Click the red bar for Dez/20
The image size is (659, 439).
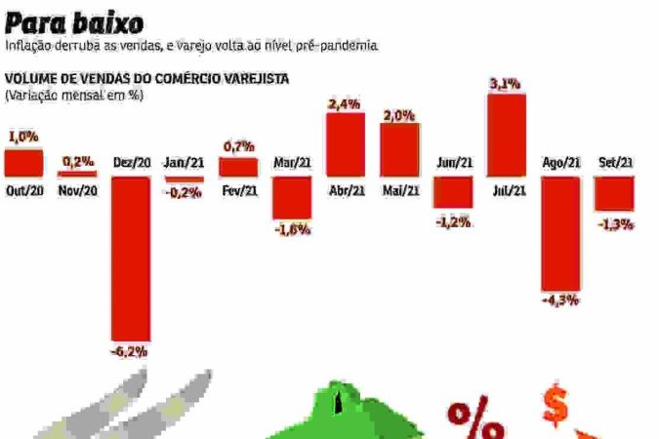point(131,258)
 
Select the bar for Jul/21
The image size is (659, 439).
point(506,135)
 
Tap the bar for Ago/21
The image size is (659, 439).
point(560,233)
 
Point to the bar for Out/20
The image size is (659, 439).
point(23,162)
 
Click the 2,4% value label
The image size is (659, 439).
point(345,103)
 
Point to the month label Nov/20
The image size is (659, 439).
point(78,191)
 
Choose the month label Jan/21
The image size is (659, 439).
point(184,163)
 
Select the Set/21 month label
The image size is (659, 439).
point(614,163)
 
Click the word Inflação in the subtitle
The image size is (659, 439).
point(28,46)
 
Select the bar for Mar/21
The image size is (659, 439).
point(292,197)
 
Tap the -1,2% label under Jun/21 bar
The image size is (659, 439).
point(453,221)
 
